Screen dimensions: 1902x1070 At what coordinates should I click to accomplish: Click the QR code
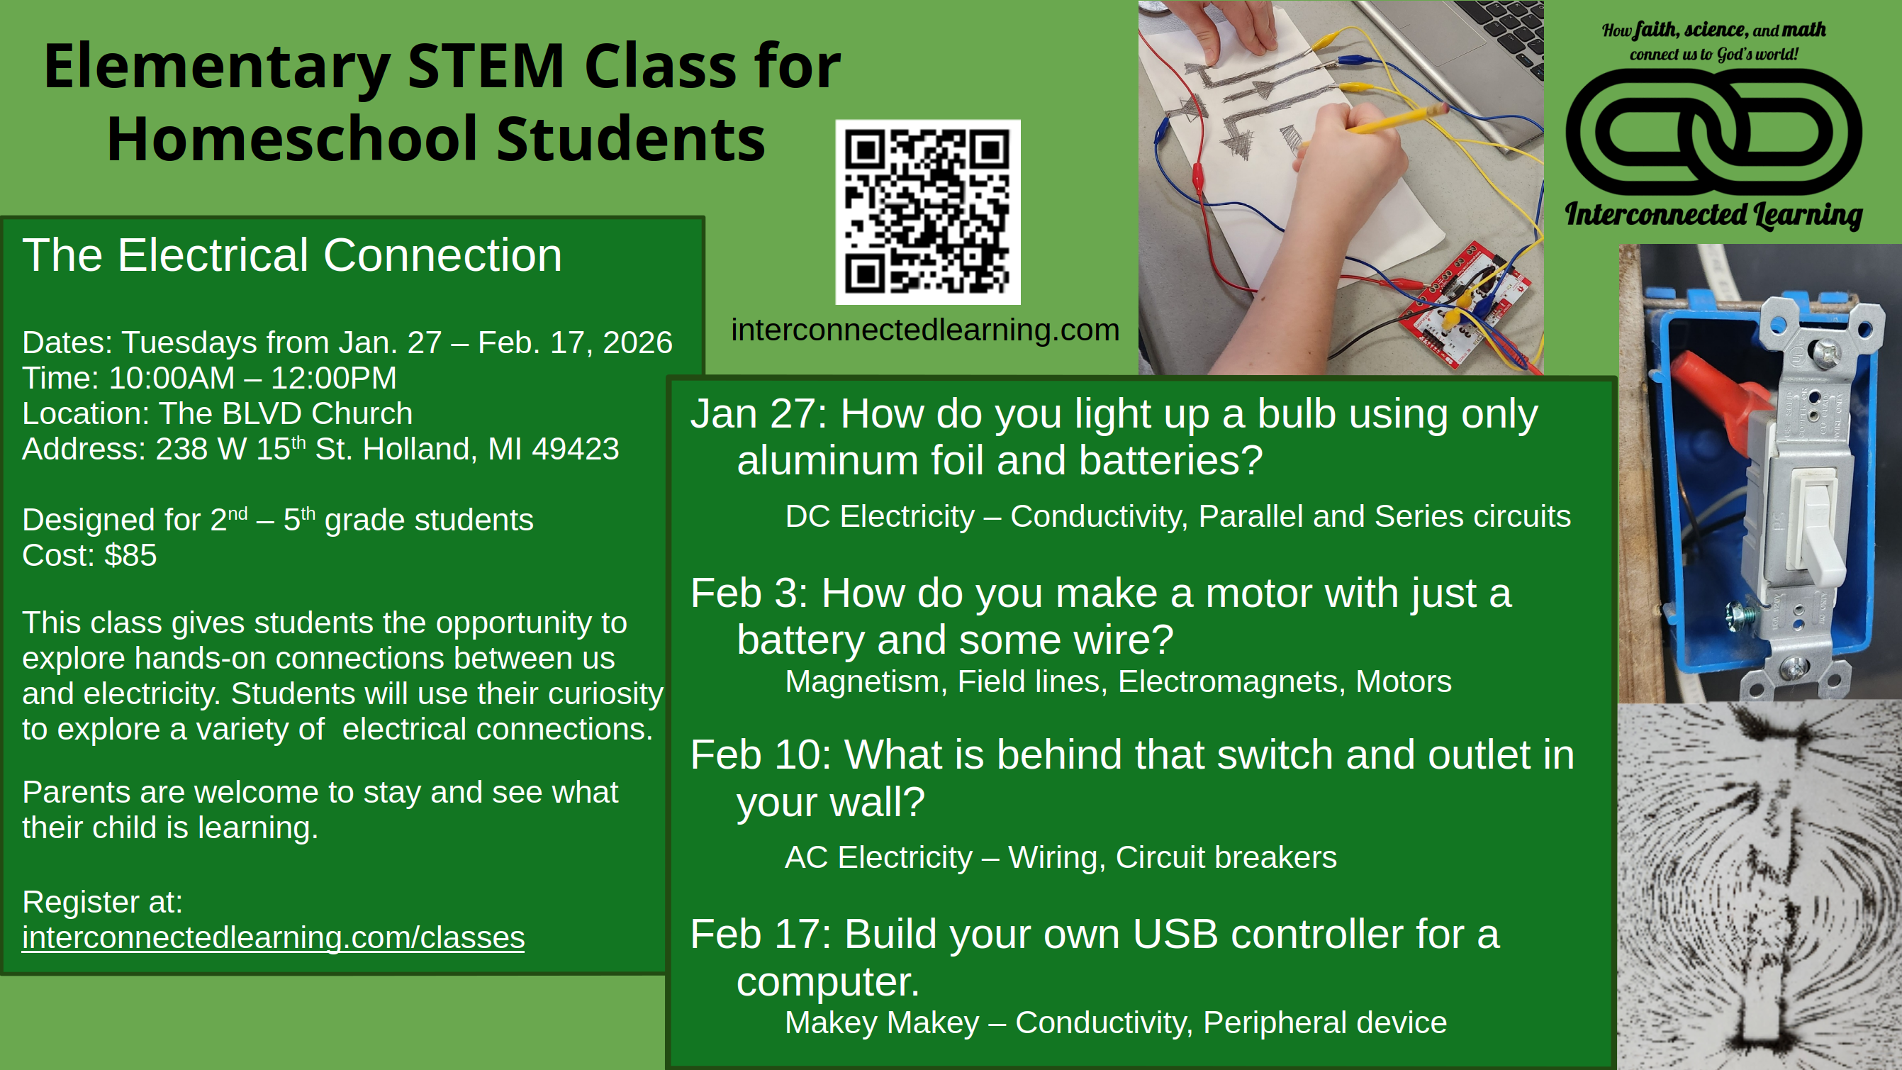pos(928,212)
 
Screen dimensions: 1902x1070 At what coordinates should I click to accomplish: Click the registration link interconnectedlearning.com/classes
pos(273,938)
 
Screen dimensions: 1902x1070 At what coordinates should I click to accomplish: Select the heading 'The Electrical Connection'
pos(292,255)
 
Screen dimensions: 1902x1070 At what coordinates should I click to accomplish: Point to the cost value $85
pos(130,555)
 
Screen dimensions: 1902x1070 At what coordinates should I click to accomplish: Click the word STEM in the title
pos(486,67)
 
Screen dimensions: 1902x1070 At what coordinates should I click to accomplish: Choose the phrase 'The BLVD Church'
pos(286,413)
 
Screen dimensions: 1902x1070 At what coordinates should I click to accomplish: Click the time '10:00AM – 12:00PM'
pos(252,378)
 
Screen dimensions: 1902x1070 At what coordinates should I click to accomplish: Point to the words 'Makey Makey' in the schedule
pos(882,1022)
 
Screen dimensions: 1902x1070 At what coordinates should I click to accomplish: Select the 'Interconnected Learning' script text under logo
pos(1713,215)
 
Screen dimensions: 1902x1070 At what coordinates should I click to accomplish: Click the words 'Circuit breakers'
pos(1226,857)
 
